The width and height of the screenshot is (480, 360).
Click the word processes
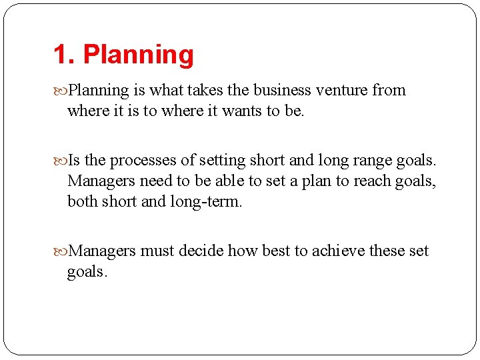pyautogui.click(x=142, y=161)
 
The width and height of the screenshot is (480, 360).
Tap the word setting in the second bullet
pyautogui.click(x=219, y=161)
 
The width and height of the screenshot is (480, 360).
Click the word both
pyautogui.click(x=82, y=201)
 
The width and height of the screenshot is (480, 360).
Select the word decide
pyautogui.click(x=202, y=251)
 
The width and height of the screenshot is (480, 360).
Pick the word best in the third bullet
pyautogui.click(x=275, y=251)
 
